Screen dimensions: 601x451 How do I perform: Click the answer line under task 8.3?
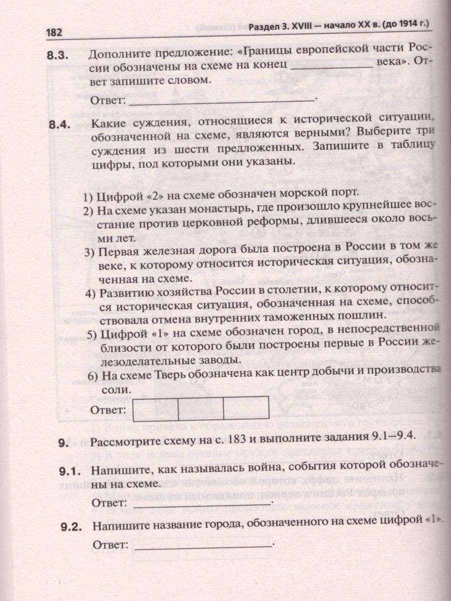(223, 99)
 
